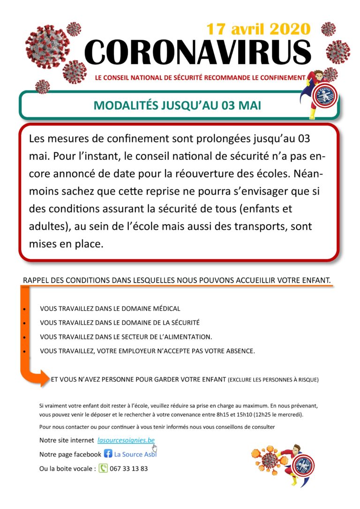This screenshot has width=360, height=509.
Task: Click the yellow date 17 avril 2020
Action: pyautogui.click(x=258, y=30)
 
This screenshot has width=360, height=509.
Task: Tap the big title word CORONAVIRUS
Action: pyautogui.click(x=197, y=52)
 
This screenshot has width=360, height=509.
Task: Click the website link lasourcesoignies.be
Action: pyautogui.click(x=126, y=441)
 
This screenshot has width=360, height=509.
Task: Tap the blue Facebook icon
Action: pyautogui.click(x=108, y=454)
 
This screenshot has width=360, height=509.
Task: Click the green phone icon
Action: pyautogui.click(x=103, y=468)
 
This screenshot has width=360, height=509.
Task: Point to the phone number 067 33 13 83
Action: pyautogui.click(x=129, y=468)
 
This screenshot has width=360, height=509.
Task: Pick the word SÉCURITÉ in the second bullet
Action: pyautogui.click(x=184, y=323)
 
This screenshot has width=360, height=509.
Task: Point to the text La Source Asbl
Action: pyautogui.click(x=135, y=454)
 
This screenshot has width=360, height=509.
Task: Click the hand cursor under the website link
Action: pyautogui.click(x=155, y=447)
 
